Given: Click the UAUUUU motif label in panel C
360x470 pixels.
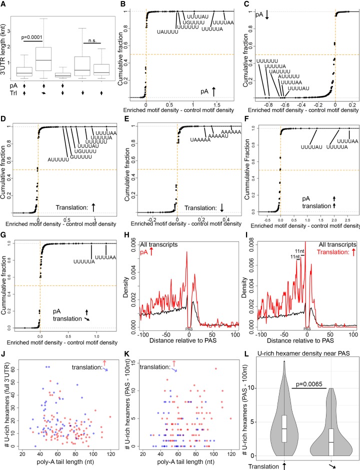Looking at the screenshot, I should [277, 71].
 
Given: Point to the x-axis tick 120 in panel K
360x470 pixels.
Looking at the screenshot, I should [230, 454].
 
